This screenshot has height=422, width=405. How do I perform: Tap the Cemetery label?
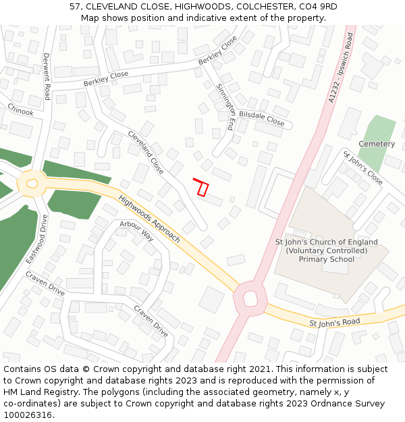tap(377, 144)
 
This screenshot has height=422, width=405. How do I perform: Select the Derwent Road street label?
tap(47, 76)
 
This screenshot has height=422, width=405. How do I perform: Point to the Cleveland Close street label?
tap(146, 153)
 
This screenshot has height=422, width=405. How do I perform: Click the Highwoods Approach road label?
tap(149, 219)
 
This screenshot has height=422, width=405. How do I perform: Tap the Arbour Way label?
tap(137, 232)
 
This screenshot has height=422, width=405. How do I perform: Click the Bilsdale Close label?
tap(262, 120)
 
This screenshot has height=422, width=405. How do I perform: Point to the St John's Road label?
tap(335, 323)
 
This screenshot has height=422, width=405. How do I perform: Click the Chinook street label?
tap(20, 110)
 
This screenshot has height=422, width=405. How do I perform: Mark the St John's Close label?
tap(363, 168)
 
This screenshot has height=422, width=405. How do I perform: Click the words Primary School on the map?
tap(327, 259)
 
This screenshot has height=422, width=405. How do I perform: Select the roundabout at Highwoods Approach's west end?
tap(30, 182)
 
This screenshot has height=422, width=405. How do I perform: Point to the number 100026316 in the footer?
tap(28, 415)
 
